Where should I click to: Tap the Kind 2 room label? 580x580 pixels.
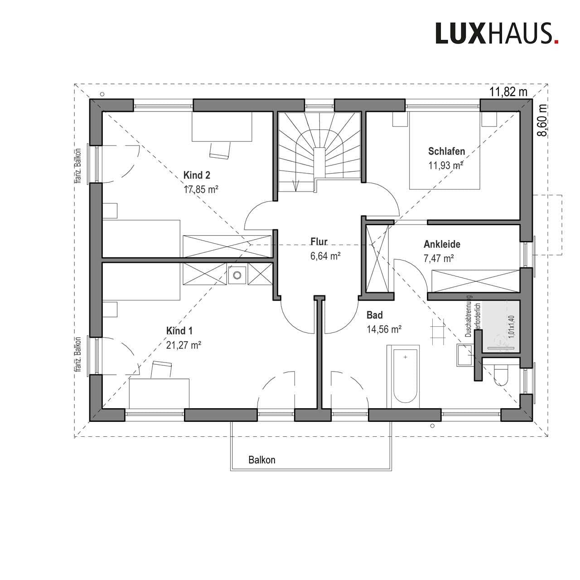(197, 175)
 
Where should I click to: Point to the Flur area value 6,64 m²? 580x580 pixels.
(325, 256)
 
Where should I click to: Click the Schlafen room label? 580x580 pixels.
(447, 151)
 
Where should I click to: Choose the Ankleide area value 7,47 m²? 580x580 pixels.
(439, 258)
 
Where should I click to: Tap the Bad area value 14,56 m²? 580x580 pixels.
(384, 329)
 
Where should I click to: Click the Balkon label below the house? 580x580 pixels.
(262, 460)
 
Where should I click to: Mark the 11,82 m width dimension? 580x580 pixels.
(508, 92)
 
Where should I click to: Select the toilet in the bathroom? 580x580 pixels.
(501, 374)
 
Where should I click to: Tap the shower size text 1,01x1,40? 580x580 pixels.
(512, 327)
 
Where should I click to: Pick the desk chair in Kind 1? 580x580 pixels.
(161, 369)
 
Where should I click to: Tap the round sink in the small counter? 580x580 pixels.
(237, 275)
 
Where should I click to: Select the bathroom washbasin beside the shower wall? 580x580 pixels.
(465, 355)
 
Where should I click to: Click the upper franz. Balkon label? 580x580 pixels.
(78, 166)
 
